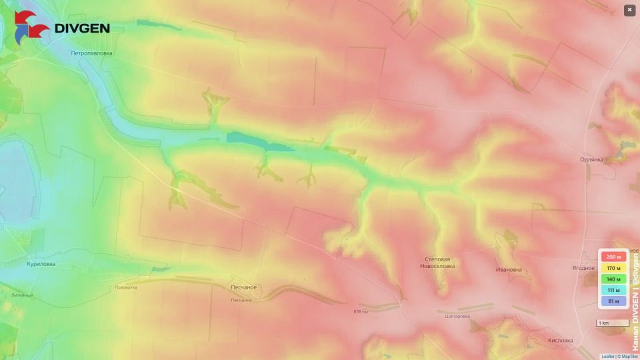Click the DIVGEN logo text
(81, 29)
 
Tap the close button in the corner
(629, 10)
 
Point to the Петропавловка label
(92, 53)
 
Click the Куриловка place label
(41, 264)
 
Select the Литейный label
(22, 295)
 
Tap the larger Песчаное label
(243, 287)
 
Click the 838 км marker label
(361, 311)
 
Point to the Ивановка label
(509, 270)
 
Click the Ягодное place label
(583, 268)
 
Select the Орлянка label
(591, 160)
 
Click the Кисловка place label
(559, 340)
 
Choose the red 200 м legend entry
(613, 257)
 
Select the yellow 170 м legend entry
(613, 268)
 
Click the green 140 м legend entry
(613, 279)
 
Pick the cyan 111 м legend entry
(613, 291)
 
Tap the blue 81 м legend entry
(613, 302)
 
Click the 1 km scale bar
(612, 323)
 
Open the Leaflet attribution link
(607, 357)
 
